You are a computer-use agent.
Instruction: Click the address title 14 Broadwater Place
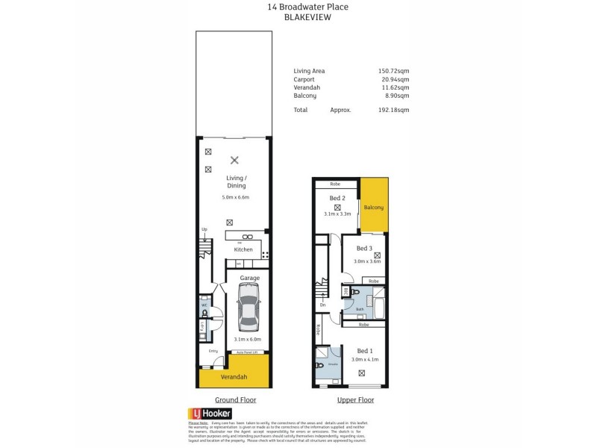click(x=307, y=7)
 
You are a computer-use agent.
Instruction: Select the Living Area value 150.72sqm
click(x=393, y=71)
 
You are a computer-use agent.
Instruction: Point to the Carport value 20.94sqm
click(x=393, y=79)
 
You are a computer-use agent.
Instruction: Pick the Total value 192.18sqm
click(x=393, y=110)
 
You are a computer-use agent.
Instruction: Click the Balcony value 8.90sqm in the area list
click(x=395, y=96)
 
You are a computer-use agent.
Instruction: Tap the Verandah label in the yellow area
click(x=233, y=377)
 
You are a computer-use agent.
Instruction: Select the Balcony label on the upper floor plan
click(x=374, y=207)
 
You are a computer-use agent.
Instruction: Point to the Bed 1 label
click(x=366, y=351)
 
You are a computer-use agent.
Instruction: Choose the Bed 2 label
click(x=337, y=198)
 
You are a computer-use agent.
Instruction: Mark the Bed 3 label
click(x=364, y=249)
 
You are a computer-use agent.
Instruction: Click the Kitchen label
click(x=243, y=249)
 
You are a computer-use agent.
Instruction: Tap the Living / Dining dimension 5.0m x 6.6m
click(x=235, y=197)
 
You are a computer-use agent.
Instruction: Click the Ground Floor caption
click(x=235, y=399)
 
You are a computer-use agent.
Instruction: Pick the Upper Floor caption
click(x=350, y=399)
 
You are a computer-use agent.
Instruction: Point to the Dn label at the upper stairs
click(x=322, y=305)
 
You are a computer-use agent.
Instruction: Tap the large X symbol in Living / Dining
click(x=234, y=160)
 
